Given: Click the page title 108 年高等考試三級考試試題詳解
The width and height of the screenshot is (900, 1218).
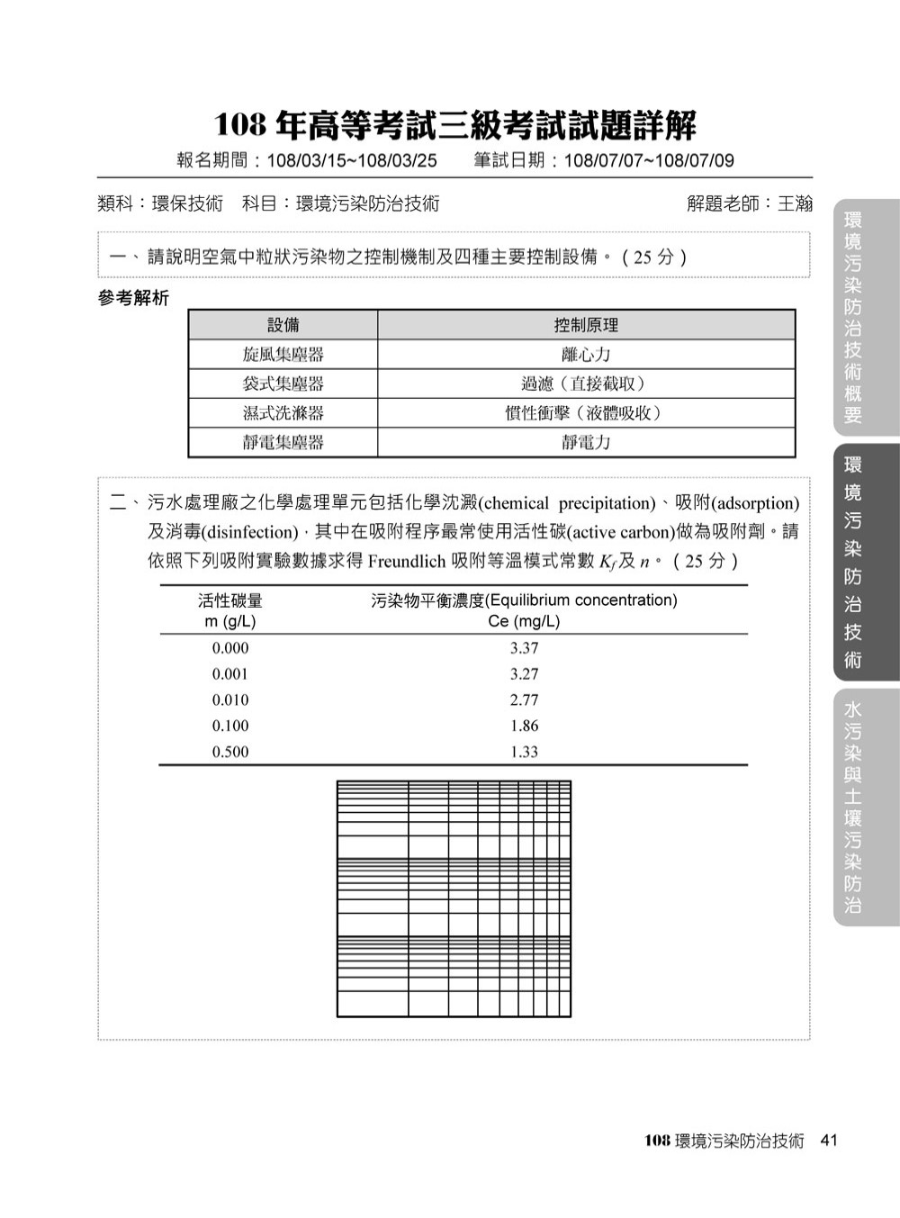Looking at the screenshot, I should point(454,126).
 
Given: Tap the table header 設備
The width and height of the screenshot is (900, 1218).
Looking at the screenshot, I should point(283,325).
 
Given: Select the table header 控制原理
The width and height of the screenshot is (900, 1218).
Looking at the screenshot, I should point(586,325).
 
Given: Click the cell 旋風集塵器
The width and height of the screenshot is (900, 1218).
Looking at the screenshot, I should point(283,355).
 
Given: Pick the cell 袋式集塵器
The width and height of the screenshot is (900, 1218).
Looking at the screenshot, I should point(283,383).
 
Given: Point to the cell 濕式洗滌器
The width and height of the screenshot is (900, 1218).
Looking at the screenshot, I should point(283,413).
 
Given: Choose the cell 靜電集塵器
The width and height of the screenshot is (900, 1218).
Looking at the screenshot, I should point(283,442).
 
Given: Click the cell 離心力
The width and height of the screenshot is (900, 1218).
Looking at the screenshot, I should point(586,355).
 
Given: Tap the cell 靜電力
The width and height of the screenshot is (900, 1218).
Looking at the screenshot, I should point(586,442).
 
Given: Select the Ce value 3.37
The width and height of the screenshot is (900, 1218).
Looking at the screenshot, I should point(524,648).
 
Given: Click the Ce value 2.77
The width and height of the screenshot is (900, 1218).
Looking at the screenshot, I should point(524,700).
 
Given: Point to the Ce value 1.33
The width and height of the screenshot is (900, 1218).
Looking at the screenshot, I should point(524,753).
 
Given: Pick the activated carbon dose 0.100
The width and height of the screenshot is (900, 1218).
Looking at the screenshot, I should point(230,726).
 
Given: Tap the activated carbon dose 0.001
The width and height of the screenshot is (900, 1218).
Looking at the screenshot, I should point(230,674).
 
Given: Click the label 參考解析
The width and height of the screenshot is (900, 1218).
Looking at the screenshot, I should point(133,299).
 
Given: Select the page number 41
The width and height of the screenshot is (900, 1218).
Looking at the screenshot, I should point(829,1141).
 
